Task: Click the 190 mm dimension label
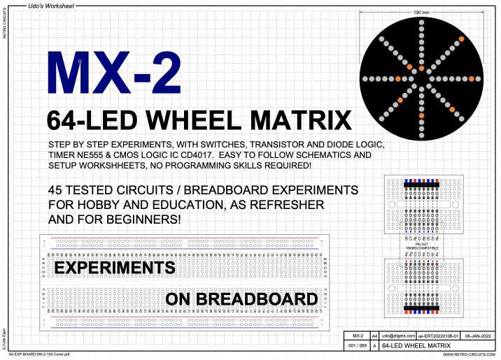coord(421,13)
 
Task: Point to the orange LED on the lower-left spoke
coord(395,104)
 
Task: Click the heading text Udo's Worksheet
coord(51,5)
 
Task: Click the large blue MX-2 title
coord(114,73)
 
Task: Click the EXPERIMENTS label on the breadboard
coord(115,268)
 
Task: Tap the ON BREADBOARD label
coord(241,300)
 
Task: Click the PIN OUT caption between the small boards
coord(421,243)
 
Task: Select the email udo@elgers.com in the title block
coord(397,336)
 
